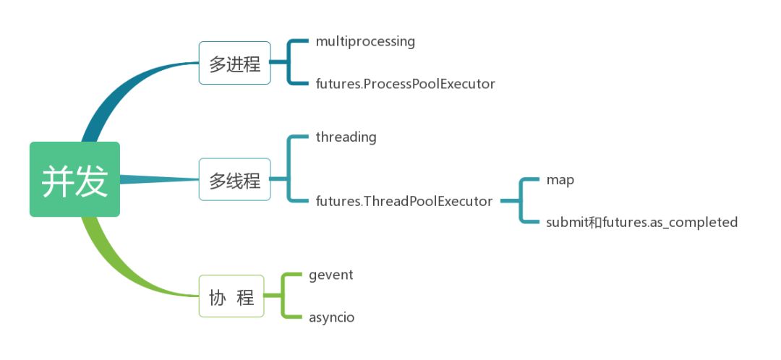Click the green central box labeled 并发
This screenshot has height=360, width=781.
[x=74, y=179]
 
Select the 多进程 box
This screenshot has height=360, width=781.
[x=234, y=63]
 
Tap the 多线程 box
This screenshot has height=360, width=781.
[x=234, y=179]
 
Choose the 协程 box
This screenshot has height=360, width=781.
[x=231, y=296]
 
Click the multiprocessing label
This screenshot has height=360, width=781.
[x=365, y=41]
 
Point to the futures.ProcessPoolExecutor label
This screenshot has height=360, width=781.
[x=406, y=84]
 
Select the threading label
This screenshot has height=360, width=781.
[x=346, y=137]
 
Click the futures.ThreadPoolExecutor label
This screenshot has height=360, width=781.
[x=404, y=201]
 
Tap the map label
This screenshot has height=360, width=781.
[x=560, y=180]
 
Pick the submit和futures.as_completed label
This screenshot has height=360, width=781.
[x=641, y=222]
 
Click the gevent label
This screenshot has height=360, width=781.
[x=330, y=275]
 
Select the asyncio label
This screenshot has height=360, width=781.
[x=332, y=317]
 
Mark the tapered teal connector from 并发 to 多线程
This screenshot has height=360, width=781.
[x=159, y=179]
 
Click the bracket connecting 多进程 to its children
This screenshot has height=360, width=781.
[x=288, y=62]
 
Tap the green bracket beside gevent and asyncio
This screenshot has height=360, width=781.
[x=282, y=296]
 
